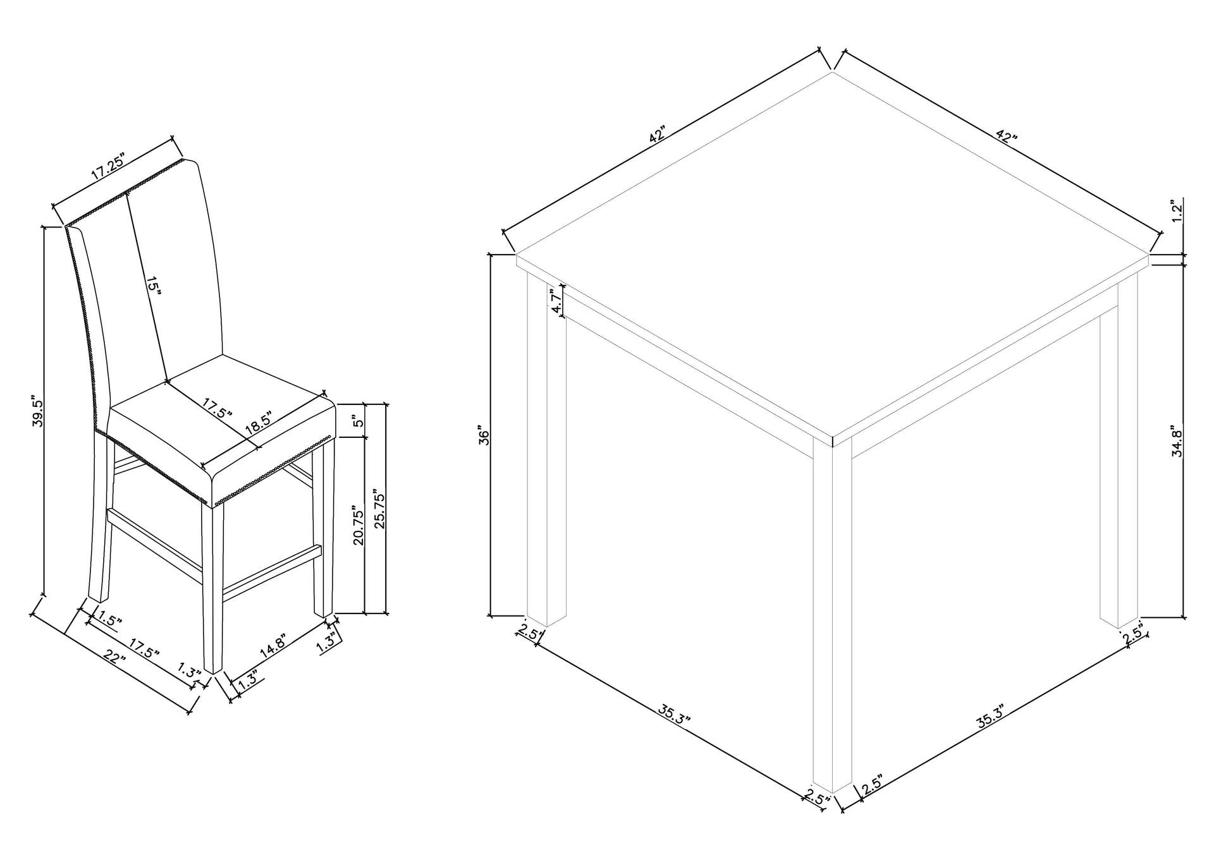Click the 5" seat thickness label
click(359, 421)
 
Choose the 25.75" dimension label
click(381, 509)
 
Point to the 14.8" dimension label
click(273, 645)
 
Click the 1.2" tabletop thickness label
click(1176, 211)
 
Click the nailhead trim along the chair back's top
click(124, 193)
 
